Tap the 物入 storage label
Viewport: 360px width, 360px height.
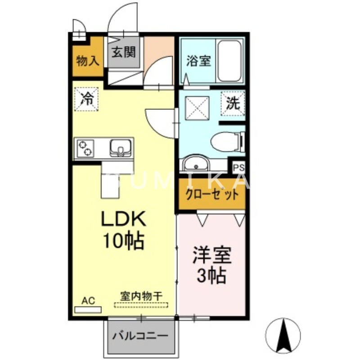coord(87,60)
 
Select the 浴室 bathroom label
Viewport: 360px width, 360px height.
coord(198,61)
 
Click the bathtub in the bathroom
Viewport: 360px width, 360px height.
coord(229,61)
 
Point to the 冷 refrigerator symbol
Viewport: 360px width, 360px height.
coord(86,98)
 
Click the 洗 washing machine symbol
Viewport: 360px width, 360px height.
coord(233,103)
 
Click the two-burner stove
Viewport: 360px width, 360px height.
coord(85,148)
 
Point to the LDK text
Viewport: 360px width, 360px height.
coord(123,220)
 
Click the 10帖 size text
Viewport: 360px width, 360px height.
coord(123,242)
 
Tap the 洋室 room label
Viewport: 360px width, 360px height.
coord(211,256)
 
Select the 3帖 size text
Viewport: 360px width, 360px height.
coord(211,276)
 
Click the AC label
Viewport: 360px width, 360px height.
coord(88,300)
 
